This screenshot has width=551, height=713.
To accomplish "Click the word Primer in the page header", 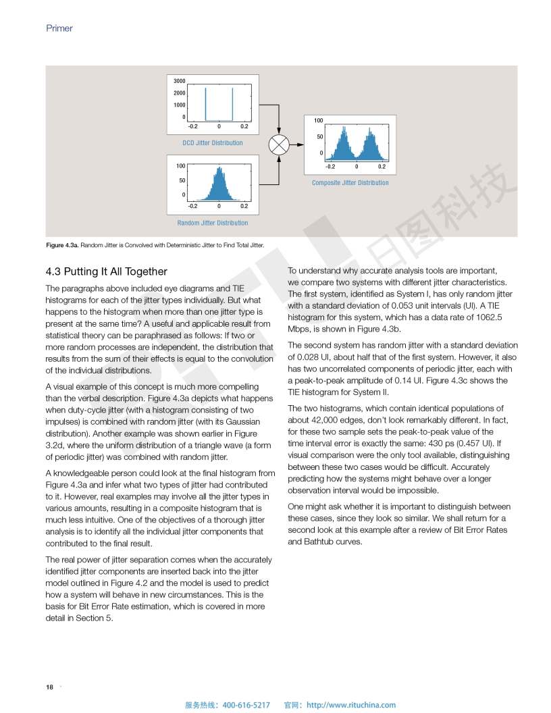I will tap(59, 28).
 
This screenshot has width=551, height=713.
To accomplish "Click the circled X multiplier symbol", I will tap(279, 145).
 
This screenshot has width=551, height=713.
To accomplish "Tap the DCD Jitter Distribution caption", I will tap(213, 143).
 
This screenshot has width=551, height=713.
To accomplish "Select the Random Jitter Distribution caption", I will tap(213, 223).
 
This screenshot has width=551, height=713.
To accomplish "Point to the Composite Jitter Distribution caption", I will tap(350, 183).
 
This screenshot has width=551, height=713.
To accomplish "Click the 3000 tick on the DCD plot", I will tap(179, 81).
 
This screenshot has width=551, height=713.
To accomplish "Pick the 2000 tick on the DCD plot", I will tap(179, 93).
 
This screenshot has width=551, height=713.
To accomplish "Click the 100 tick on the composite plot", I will tap(319, 121).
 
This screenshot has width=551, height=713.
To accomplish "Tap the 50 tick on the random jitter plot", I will tap(182, 180).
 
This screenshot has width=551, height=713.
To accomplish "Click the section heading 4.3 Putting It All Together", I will tap(106, 271).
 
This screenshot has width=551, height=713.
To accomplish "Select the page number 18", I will tap(49, 687).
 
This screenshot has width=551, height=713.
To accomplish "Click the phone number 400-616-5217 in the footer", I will tap(246, 705).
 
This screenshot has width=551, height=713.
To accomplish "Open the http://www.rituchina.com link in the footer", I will tap(351, 705).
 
